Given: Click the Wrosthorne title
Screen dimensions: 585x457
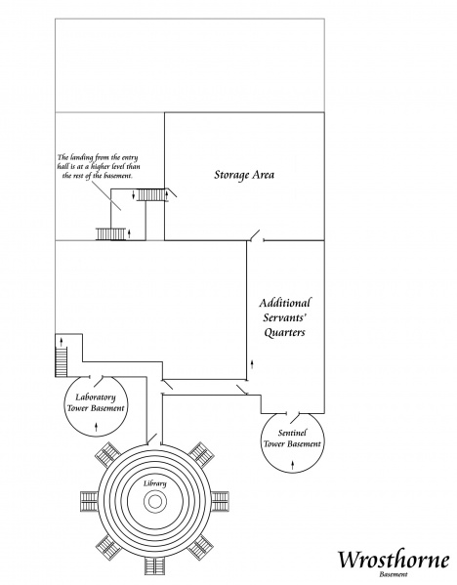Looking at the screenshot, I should pos(394,560).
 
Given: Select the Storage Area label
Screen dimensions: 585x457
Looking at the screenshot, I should pos(243,176).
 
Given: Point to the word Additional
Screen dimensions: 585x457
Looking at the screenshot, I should pos(284,302).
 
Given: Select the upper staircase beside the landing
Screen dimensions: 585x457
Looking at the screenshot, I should pos(153,195).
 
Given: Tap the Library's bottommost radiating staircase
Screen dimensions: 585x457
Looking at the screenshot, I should pos(155,565).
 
